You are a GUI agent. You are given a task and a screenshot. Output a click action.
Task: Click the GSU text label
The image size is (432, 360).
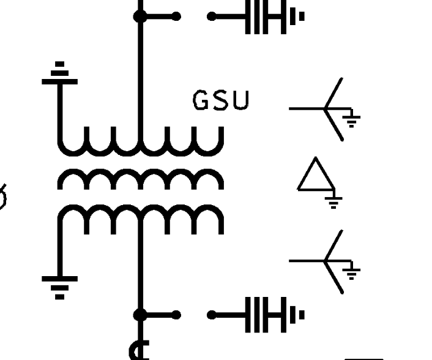click(221, 100)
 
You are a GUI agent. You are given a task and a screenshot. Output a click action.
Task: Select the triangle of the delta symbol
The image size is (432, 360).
click(316, 176)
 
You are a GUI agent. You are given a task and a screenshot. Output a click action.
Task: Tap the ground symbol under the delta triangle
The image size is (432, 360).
click(333, 200)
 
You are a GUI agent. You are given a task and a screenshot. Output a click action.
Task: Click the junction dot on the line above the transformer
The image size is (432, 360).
click(140, 17)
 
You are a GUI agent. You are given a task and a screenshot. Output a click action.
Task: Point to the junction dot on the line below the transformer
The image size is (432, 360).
click(140, 315)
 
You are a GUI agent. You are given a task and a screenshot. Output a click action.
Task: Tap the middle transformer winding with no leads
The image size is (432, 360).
click(140, 179)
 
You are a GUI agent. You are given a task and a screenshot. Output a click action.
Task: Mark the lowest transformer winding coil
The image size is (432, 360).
click(140, 217)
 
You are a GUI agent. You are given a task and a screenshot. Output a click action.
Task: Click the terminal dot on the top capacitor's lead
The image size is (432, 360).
click(212, 17)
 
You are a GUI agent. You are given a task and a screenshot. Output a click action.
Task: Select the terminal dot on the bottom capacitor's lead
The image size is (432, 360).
click(212, 315)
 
